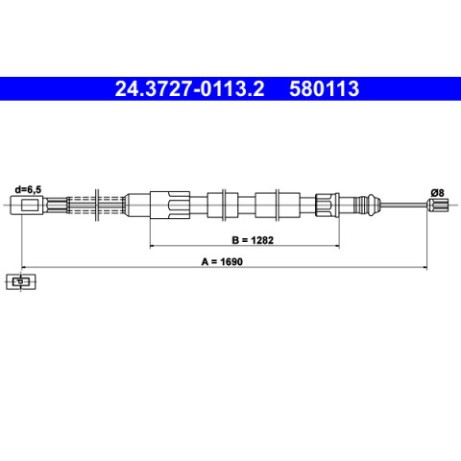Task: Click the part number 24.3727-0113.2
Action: point(189,88)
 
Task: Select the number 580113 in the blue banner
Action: point(324,88)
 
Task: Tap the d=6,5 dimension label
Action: point(28,190)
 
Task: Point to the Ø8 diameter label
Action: point(437,193)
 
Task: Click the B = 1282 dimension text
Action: point(253,240)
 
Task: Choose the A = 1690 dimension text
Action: point(222,261)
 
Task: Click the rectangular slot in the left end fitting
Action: point(32,205)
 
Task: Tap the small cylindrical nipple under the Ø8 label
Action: point(438,205)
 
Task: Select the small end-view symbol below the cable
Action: point(21,281)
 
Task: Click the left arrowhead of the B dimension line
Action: point(152,246)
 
